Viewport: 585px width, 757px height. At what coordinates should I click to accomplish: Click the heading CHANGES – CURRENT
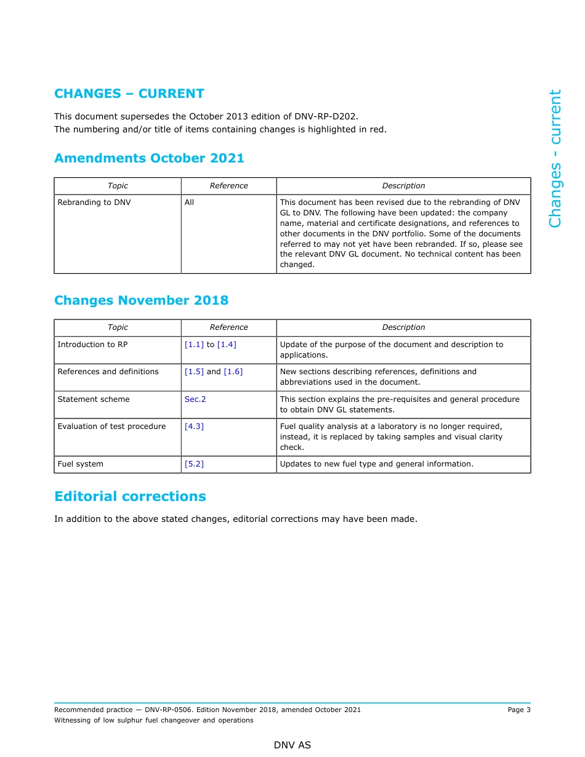(129, 94)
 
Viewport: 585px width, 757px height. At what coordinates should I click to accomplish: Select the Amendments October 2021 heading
(149, 158)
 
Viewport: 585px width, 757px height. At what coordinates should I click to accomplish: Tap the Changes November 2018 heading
(141, 300)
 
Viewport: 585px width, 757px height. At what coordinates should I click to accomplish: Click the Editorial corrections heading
(130, 497)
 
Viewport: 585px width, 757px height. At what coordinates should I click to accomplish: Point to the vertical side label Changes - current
(555, 158)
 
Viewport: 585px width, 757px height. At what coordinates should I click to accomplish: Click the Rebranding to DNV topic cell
(94, 202)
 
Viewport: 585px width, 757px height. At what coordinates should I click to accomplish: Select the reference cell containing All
(190, 202)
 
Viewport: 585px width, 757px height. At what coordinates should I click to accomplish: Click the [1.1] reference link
(194, 345)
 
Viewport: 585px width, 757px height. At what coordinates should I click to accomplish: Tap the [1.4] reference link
(227, 345)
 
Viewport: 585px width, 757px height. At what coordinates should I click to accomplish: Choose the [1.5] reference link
(194, 372)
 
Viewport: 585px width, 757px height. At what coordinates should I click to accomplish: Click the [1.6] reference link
(233, 372)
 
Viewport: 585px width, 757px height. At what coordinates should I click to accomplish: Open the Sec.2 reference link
(195, 399)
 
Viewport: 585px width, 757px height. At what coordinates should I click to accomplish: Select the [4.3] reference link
(194, 427)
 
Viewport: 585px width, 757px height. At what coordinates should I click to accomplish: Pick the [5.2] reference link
(194, 464)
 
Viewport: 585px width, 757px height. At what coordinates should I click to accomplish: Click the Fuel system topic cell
(81, 464)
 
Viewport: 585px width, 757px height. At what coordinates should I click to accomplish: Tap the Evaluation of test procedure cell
(111, 427)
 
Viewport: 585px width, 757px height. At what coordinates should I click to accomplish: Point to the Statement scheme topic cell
(94, 399)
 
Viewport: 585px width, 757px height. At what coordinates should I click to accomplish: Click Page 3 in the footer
(518, 710)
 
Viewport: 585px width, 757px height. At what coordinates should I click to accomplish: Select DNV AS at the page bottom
(292, 745)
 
